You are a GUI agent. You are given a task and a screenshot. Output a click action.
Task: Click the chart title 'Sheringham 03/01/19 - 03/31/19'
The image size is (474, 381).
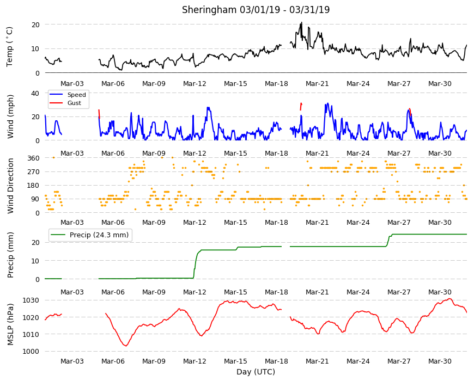[256, 10]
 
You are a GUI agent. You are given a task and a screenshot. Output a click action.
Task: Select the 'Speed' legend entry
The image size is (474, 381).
[76, 95]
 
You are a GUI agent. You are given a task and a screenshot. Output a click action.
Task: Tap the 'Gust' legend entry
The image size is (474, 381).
[74, 103]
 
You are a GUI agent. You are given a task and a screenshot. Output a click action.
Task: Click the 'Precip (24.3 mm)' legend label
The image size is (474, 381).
[99, 235]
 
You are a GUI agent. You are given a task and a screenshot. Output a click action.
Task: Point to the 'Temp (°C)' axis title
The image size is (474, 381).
[9, 47]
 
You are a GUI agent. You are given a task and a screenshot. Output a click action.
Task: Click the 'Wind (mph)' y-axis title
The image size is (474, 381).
[10, 116]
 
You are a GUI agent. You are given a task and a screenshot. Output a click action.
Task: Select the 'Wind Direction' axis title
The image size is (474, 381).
[10, 186]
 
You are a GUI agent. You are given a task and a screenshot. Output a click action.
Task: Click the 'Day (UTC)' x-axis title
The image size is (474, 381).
[256, 372]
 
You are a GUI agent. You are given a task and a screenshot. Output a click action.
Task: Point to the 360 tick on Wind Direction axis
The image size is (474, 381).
[33, 158]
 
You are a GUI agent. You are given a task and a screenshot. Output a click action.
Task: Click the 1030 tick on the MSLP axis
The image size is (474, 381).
[31, 300]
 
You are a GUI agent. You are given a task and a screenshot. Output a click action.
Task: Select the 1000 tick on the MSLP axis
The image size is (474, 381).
[31, 352]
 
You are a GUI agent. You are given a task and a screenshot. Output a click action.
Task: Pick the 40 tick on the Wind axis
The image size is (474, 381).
[35, 93]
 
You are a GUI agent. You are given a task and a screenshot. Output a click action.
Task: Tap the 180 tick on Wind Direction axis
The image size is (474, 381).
[33, 186]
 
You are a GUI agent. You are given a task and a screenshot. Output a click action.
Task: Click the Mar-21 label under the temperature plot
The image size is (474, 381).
[317, 84]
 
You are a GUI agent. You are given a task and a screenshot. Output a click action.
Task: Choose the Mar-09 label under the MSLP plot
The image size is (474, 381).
[154, 361]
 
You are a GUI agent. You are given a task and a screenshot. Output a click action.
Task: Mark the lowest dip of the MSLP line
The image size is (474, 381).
[126, 346]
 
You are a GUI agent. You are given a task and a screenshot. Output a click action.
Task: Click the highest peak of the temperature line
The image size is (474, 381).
[301, 22]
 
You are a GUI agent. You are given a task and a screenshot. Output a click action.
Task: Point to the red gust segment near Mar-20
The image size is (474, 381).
[301, 106]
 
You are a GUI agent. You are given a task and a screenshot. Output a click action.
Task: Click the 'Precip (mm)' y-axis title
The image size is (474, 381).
[10, 255]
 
